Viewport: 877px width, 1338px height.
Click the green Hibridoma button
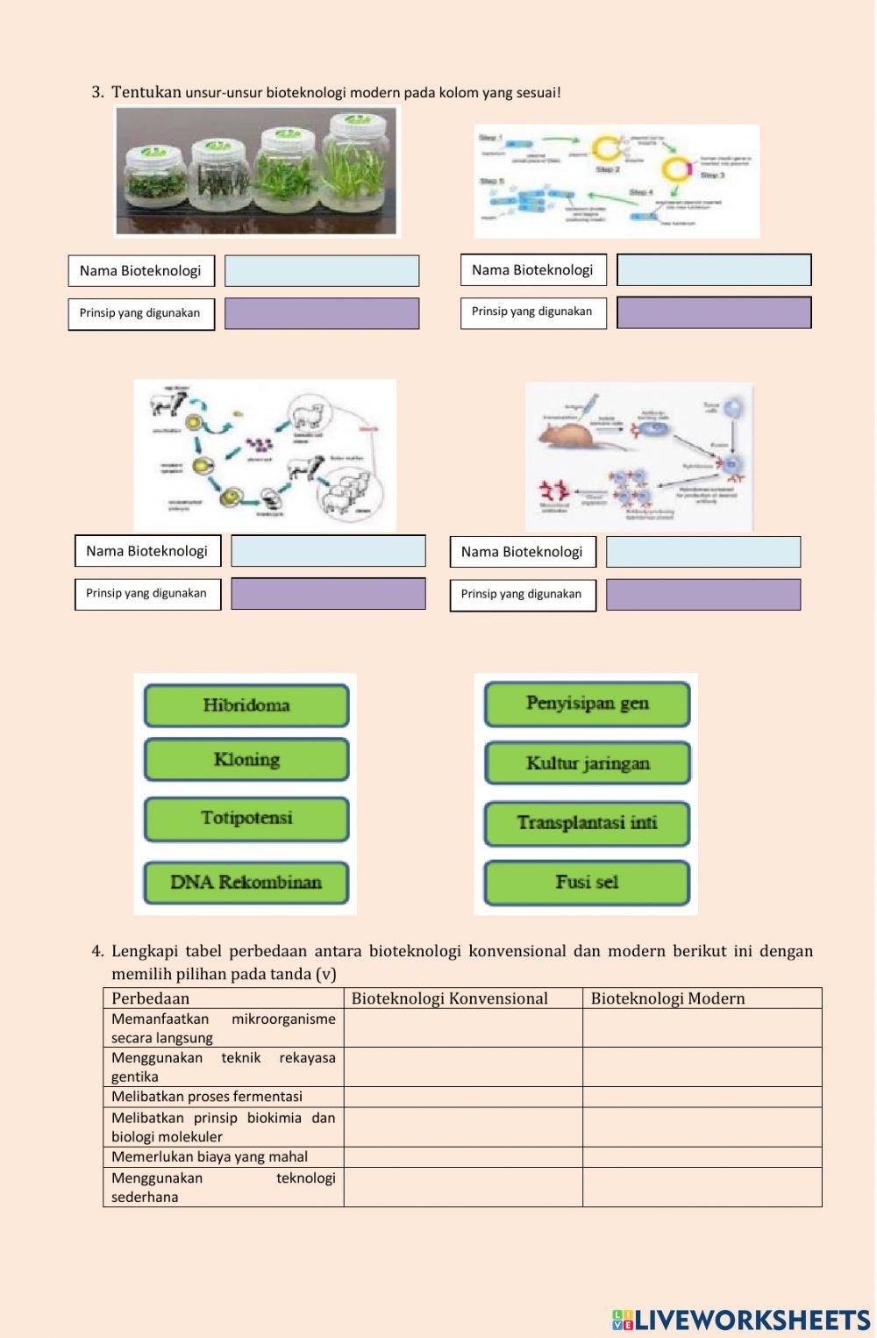246,705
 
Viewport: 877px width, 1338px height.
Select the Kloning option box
246,760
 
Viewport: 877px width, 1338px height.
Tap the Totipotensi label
246,819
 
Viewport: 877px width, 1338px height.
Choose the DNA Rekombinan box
246,883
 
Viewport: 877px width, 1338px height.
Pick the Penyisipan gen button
587,704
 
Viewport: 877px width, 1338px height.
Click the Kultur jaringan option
587,763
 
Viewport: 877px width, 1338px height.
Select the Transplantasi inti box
587,823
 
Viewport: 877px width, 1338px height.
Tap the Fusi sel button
587,883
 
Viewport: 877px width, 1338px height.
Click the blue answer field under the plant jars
322,271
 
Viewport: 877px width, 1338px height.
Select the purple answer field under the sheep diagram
328,594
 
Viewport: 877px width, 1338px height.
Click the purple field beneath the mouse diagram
703,595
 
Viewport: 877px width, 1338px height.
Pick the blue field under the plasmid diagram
714,270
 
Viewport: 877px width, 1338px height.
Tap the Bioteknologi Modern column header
667,998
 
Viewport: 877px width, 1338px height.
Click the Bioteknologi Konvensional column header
449,998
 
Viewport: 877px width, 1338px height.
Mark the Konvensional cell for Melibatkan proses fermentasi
463,1097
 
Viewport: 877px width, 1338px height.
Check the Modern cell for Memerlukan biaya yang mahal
702,1157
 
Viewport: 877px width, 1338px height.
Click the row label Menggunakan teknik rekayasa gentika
223,1067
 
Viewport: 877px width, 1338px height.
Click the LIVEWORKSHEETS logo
741,1320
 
